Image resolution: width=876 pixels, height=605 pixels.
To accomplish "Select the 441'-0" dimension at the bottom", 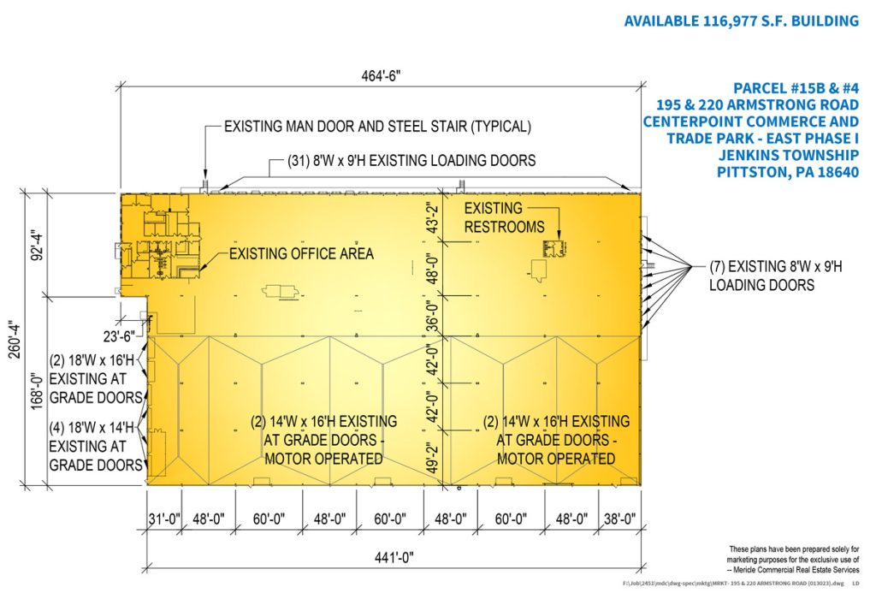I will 389,558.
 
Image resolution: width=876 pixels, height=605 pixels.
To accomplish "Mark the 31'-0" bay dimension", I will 163,519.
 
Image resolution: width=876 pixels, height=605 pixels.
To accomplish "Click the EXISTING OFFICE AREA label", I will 300,253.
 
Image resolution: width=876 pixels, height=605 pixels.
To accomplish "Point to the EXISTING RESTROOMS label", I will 504,217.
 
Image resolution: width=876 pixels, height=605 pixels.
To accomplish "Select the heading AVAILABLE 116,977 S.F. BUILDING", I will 741,21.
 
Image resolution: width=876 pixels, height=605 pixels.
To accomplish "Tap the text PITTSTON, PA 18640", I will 786,171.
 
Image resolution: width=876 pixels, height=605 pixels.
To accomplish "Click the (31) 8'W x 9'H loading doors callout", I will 402,160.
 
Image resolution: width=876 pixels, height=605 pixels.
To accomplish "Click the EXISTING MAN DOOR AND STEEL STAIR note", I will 377,127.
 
